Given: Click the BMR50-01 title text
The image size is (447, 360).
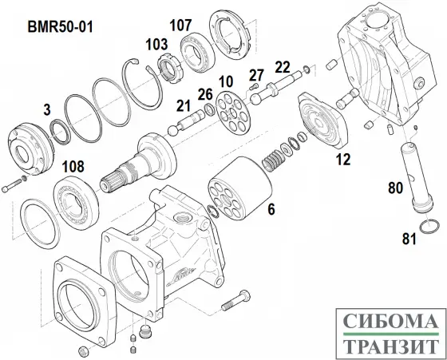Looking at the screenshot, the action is (x=60, y=27).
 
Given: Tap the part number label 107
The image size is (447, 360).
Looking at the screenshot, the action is (x=180, y=25).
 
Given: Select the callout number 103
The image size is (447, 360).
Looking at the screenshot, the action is (x=156, y=45).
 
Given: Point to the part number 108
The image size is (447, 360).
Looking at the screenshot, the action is (x=73, y=167).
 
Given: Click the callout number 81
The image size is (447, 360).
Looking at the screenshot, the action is (x=409, y=239).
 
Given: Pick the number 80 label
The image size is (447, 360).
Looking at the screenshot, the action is (x=396, y=188).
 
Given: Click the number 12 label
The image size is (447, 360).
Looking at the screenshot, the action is (x=343, y=160).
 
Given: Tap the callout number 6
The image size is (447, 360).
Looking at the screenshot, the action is (x=271, y=210).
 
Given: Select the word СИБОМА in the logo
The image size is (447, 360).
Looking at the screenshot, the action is (x=391, y=321).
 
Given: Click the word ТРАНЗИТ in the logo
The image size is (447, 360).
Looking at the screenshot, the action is (x=391, y=346).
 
